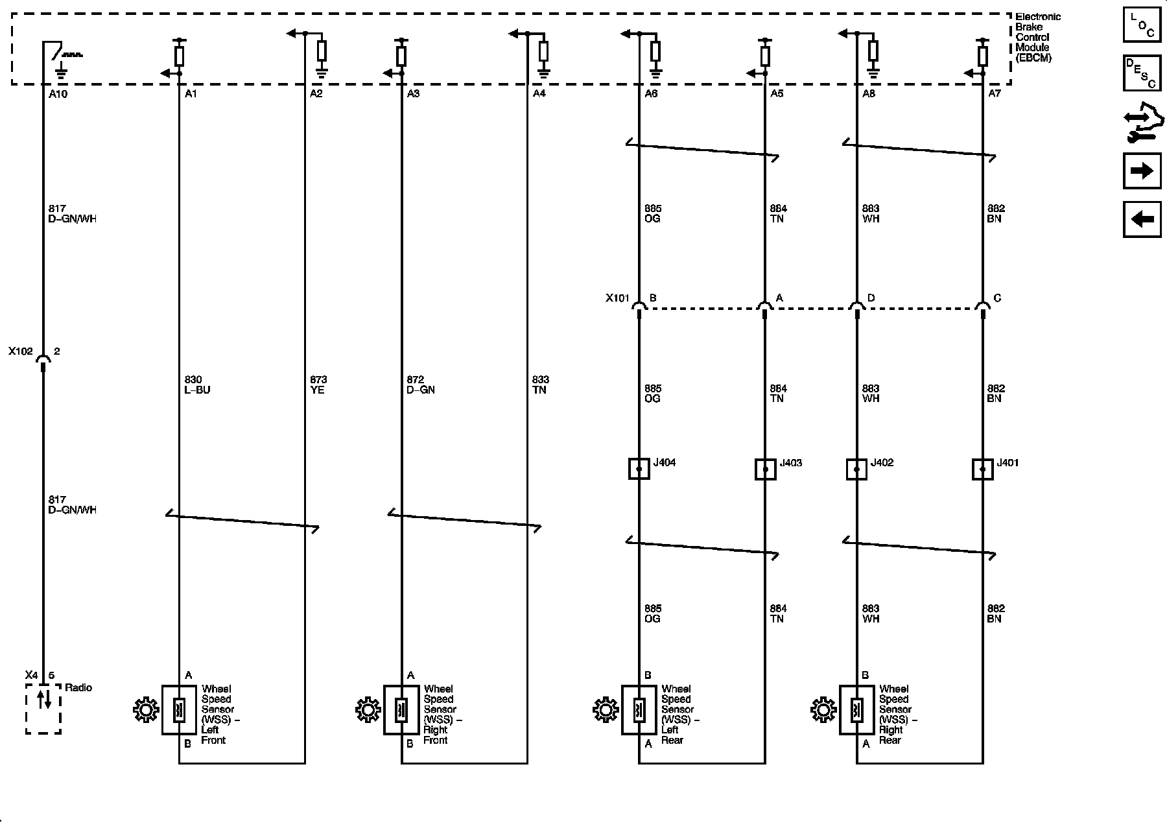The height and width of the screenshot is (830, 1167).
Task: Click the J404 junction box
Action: tap(639, 469)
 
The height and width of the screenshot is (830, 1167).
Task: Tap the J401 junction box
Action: tap(983, 469)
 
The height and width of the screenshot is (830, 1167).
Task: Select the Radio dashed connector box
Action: tap(43, 711)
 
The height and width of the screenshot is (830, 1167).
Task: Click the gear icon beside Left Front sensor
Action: tap(145, 710)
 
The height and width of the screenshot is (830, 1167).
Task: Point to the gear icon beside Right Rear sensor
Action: tap(823, 710)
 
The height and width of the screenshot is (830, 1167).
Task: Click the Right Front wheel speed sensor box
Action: tap(401, 710)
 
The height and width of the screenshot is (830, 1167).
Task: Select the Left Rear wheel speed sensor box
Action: tap(639, 710)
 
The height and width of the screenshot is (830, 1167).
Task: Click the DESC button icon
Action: tap(1142, 73)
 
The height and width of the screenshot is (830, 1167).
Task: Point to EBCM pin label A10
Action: tap(58, 94)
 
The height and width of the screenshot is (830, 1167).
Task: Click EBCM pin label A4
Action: tap(539, 94)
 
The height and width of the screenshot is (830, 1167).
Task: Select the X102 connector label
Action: tap(20, 351)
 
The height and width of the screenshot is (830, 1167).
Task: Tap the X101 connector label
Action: tap(617, 298)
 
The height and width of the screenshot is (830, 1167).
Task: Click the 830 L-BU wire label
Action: tap(197, 385)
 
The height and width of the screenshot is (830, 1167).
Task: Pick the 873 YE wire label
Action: tap(318, 385)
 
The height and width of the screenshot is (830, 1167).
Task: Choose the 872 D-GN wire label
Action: tap(420, 385)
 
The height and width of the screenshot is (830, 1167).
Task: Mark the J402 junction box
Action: tap(856, 469)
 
